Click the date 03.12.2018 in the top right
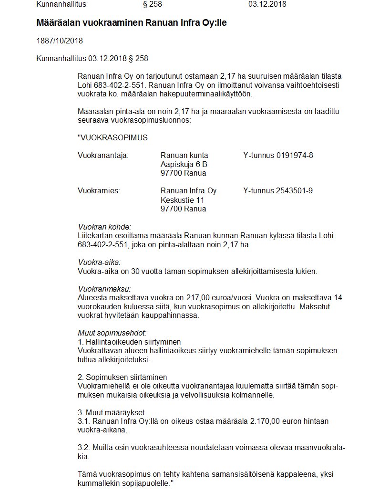click(x=267, y=4)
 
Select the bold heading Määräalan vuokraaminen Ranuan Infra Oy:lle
click(x=131, y=23)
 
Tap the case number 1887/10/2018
click(x=60, y=41)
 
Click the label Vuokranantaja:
click(x=103, y=155)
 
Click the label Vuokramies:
click(x=99, y=190)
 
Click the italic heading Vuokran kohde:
click(x=104, y=227)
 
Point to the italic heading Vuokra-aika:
click(x=99, y=262)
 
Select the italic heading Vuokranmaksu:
click(x=103, y=289)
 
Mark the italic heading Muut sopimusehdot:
click(x=112, y=333)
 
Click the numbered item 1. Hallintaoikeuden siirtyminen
click(x=129, y=342)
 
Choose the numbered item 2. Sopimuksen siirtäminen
click(x=122, y=377)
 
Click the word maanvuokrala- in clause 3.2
click(x=321, y=448)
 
